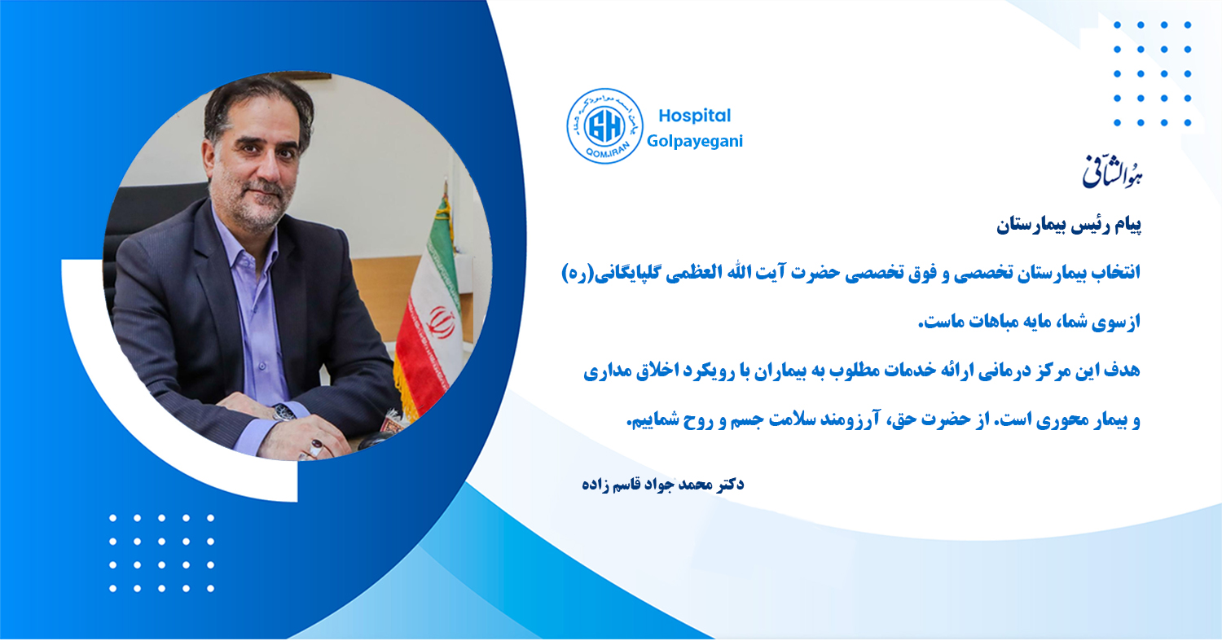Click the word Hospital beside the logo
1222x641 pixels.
(694, 116)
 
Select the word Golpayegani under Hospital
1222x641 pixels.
(694, 141)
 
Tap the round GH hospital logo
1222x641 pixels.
(604, 126)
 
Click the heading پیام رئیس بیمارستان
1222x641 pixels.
(1069, 226)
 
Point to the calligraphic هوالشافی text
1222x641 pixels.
(1112, 173)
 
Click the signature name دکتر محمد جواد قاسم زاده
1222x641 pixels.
(663, 485)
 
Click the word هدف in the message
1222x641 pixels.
(1121, 371)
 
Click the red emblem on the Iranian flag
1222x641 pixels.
(439, 322)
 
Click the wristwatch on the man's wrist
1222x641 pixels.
(284, 413)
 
